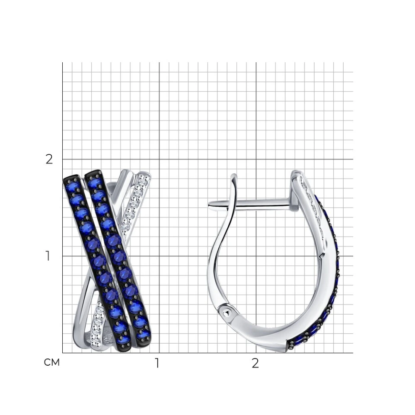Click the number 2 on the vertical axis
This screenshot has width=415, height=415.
coord(49,160)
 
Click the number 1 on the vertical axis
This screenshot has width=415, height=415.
coord(48,256)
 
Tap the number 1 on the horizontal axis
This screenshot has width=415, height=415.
coord(157,364)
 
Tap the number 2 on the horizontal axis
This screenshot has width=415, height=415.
coord(255,364)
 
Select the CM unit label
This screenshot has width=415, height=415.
coord(52,362)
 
